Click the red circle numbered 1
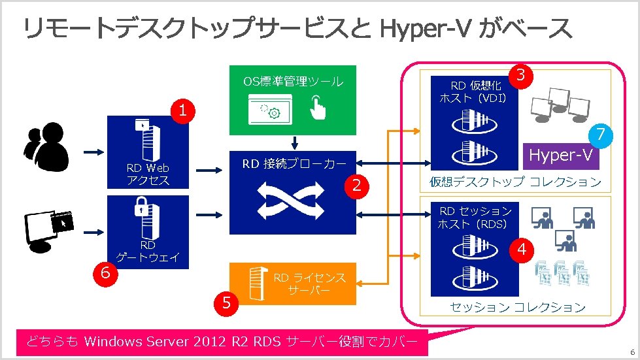[184, 111]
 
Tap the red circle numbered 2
[356, 186]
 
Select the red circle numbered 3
[521, 75]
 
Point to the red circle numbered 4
[521, 250]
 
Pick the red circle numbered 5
[226, 303]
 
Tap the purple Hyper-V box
[560, 155]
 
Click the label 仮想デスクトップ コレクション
[515, 182]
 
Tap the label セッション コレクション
[517, 306]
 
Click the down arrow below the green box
[294, 142]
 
